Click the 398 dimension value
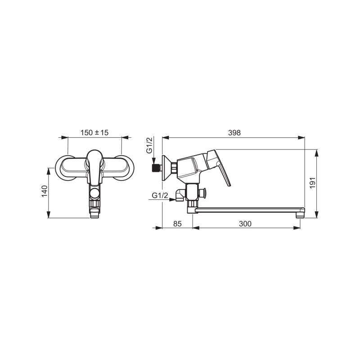tap(234, 133)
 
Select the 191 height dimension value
tap(313, 183)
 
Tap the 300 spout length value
tap(245, 224)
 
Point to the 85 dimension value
tap(177, 224)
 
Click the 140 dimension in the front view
tap(44, 191)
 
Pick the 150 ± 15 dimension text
tap(94, 133)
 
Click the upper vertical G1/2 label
tap(149, 145)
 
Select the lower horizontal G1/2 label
tap(160, 196)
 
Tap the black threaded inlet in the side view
tap(157, 168)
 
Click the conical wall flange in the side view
tap(166, 168)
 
